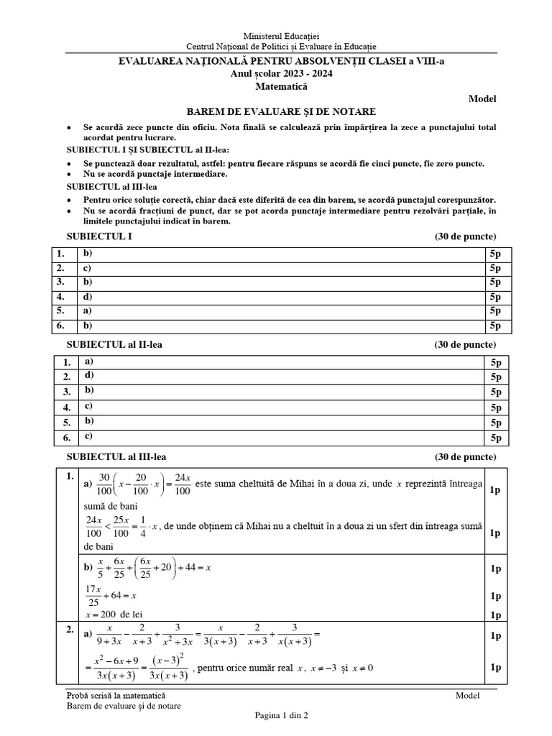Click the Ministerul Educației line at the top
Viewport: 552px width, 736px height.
coord(281,35)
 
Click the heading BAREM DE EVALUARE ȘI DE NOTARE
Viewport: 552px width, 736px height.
coord(281,111)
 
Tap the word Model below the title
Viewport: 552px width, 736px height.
coord(482,99)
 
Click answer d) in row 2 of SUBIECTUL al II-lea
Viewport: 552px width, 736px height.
coord(89,375)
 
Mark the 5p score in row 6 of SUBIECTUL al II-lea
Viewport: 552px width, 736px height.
coord(496,438)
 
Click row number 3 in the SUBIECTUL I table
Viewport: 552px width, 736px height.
coord(62,282)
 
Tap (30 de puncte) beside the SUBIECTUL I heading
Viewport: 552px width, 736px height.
coord(465,236)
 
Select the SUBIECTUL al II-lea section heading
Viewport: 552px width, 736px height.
coord(114,345)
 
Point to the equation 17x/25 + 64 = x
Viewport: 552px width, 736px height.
coord(111,596)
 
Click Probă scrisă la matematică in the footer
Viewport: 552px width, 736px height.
coord(115,695)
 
